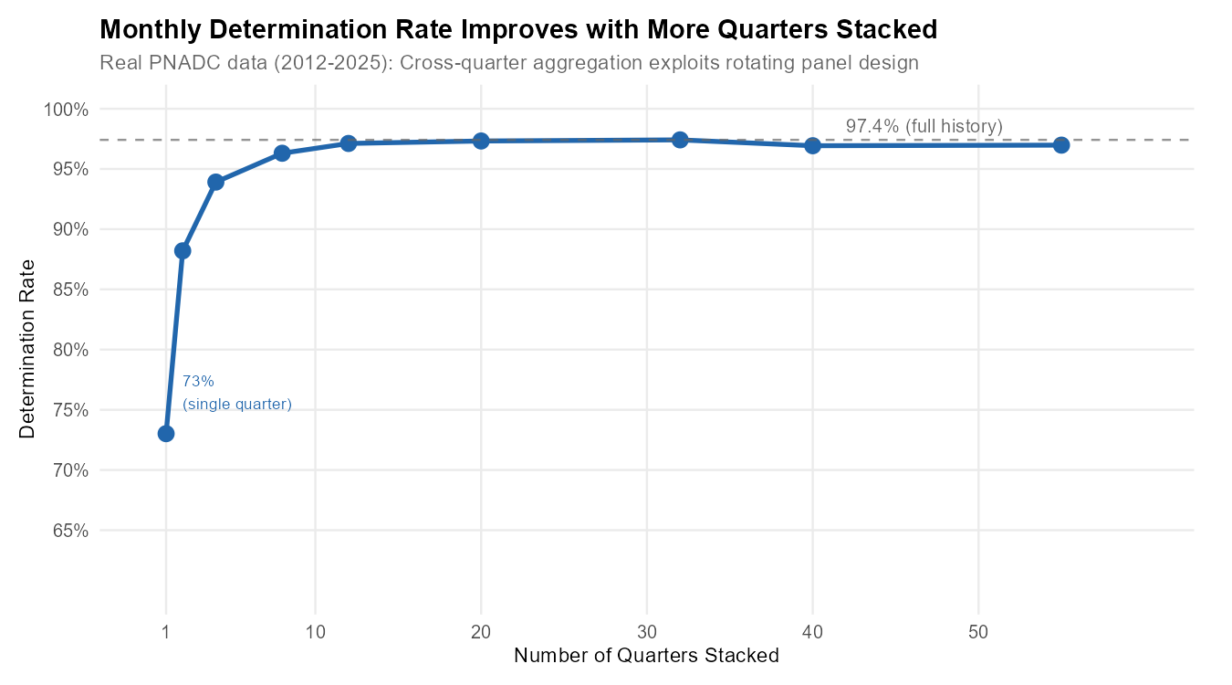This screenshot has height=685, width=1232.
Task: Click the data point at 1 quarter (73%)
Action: coord(165,433)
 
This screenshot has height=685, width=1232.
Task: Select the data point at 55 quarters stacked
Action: coord(1060,145)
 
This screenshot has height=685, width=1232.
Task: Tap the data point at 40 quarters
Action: coord(812,146)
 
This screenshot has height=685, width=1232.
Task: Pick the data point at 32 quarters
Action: coord(680,140)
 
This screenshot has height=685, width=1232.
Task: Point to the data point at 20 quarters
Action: coord(481,141)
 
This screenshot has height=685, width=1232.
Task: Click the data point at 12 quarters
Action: coord(348,143)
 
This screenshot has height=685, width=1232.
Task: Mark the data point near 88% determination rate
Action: coord(183,250)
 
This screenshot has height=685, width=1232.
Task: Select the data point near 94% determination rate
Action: coord(215,182)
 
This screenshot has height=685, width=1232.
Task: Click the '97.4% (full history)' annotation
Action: coord(924,126)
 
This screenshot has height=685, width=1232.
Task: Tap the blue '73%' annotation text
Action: coord(198,382)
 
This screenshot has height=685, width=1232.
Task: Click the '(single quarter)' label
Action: coord(237,405)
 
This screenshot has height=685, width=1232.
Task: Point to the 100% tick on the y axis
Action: coord(66,110)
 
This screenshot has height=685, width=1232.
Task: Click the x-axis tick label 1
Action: coord(165,630)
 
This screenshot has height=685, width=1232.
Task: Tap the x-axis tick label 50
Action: coord(978,630)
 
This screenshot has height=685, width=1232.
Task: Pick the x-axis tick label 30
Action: coord(646,630)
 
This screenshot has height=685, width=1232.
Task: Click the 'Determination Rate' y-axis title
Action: coord(27,349)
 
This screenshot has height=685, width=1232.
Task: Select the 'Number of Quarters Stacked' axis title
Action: coord(646,656)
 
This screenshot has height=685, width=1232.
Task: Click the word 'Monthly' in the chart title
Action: coord(142,30)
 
